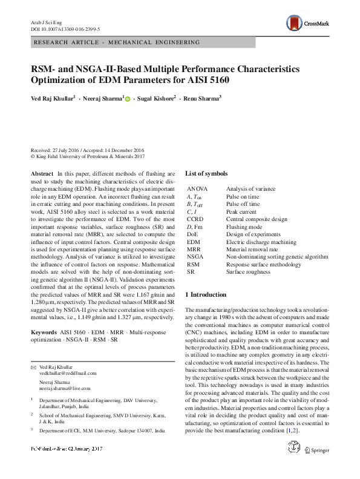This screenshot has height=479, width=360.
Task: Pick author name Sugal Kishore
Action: pos(157,97)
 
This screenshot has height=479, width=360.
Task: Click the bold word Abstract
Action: pos(41,174)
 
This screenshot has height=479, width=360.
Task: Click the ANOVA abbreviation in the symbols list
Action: pos(197,190)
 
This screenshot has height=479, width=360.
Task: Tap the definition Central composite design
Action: pos(257,219)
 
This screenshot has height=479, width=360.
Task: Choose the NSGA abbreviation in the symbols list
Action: pos(195,256)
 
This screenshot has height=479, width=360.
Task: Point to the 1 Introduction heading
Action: pos(209,294)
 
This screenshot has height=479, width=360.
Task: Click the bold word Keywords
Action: pos(44,332)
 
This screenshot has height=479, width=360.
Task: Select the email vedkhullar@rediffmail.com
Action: pos(64,374)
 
